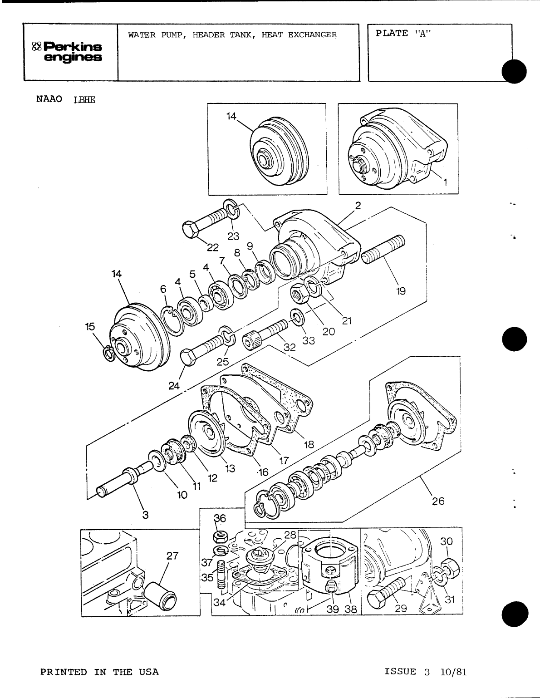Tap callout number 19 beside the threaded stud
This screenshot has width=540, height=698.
coord(401,291)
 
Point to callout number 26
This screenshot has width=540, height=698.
coord(438,501)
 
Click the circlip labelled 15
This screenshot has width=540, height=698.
coord(108,353)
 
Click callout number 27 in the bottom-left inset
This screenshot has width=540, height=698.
coord(172,555)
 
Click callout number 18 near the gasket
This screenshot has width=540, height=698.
coord(309,444)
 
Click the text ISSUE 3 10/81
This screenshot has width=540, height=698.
coord(425,672)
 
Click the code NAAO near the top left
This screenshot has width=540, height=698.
coord(49,99)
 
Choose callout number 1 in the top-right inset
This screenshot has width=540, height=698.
coord(445,183)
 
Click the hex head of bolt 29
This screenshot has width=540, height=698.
coord(377,600)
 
